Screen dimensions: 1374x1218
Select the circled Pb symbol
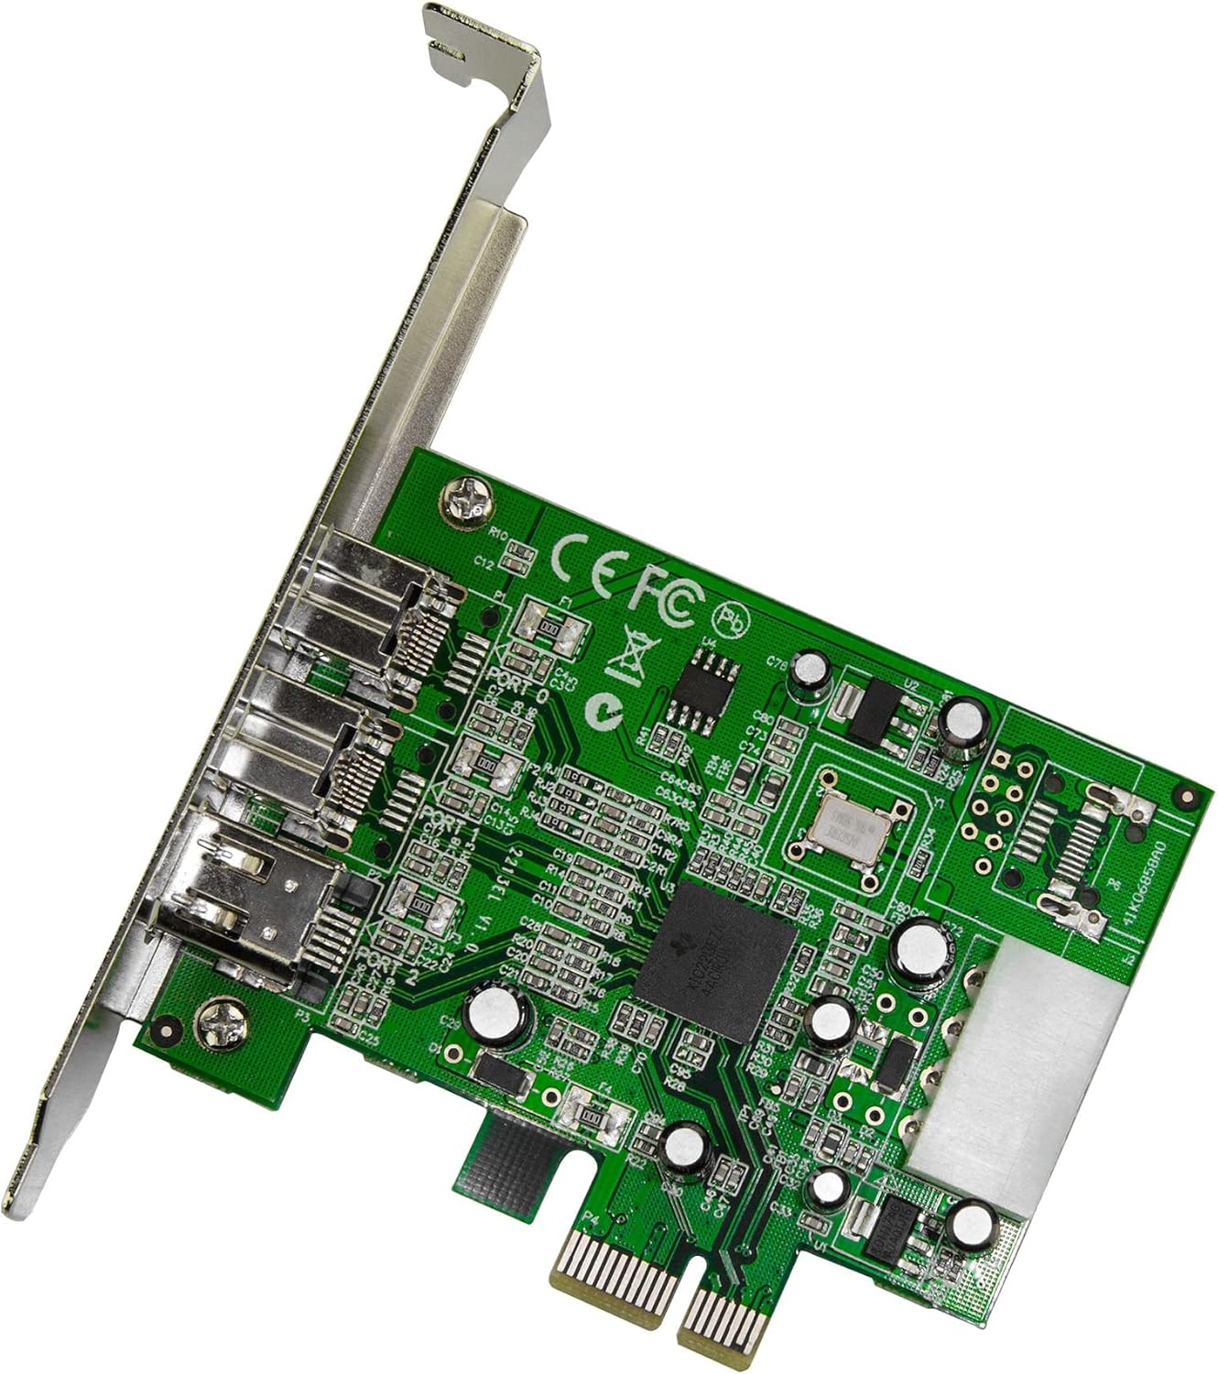click(733, 620)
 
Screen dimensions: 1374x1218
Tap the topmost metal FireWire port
click(366, 595)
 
